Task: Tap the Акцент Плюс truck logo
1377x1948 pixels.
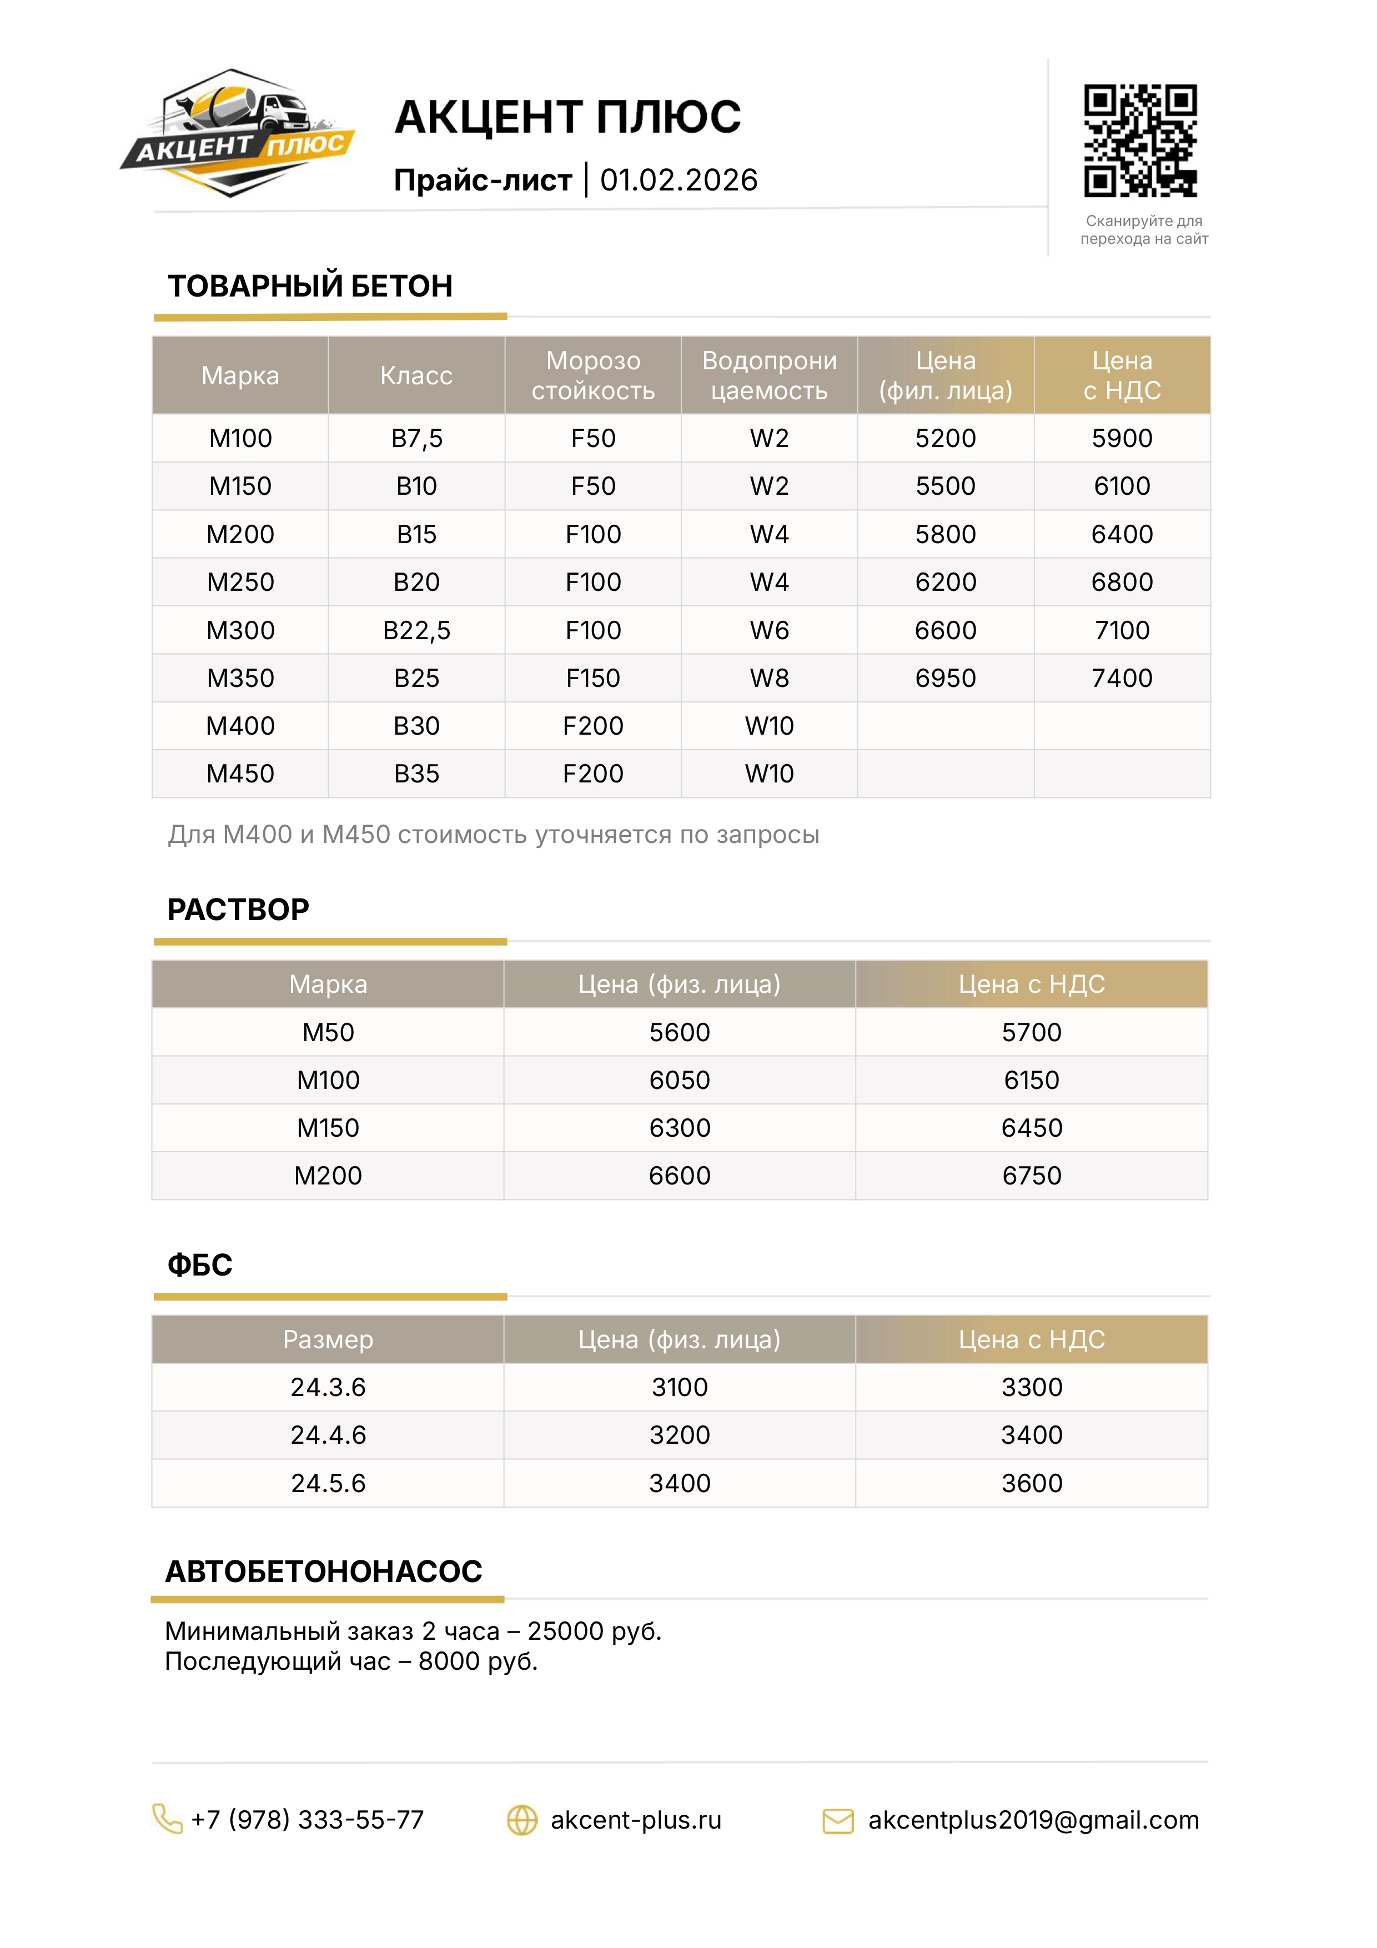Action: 238,133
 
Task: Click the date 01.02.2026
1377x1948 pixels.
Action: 678,180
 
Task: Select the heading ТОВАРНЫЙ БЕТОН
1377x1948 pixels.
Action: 310,287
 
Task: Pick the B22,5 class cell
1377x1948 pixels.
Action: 416,630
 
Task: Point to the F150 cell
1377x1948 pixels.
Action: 592,678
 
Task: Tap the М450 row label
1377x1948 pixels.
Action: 240,774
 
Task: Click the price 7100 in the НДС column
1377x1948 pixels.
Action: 1122,630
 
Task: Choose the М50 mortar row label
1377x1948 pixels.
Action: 328,1032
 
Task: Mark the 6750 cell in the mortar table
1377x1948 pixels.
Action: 1031,1176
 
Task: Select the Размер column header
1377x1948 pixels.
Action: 328,1340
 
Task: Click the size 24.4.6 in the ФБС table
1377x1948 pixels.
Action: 328,1435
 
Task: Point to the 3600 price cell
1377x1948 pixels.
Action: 1031,1483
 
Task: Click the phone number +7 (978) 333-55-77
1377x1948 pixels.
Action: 307,1820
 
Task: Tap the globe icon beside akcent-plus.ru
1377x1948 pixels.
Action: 522,1820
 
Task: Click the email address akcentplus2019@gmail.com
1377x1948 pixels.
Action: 1033,1820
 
